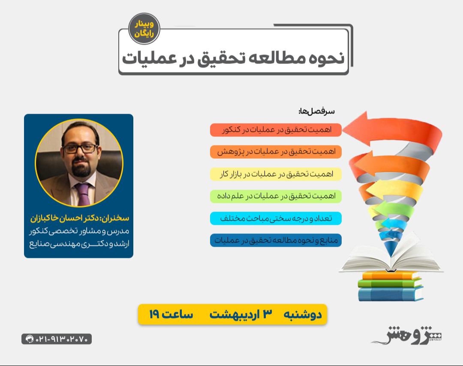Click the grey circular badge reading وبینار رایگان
[144, 29]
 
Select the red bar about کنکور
[276, 130]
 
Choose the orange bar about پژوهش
[276, 152]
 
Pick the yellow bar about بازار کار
[276, 174]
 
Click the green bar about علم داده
[276, 196]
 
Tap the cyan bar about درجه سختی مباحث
[276, 218]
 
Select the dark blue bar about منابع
[276, 240]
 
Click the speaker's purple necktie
[83, 194]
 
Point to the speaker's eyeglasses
[80, 148]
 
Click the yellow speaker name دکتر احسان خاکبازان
[92, 218]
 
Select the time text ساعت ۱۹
[171, 315]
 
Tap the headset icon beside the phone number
[30, 339]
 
